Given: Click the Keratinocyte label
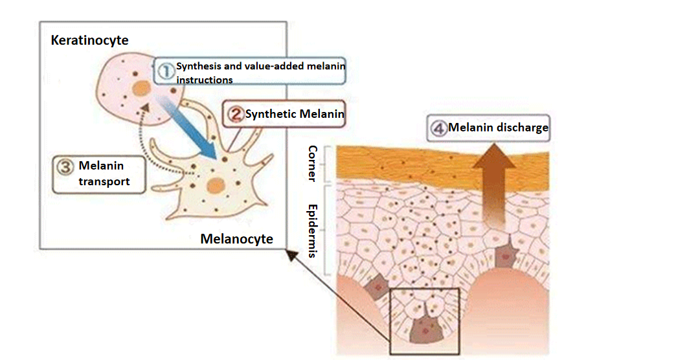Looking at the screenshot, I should (89, 41).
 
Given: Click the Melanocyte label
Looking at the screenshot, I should (236, 239).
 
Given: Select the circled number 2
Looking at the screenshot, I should (236, 115).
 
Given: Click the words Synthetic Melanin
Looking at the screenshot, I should (295, 115).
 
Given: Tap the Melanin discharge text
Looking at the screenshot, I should (498, 128).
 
